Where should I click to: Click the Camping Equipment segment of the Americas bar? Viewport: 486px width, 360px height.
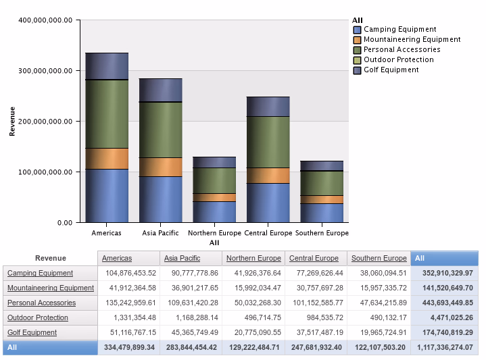[107, 195]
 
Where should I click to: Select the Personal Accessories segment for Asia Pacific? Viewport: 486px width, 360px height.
[161, 130]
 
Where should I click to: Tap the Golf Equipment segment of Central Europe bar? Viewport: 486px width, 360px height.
[268, 107]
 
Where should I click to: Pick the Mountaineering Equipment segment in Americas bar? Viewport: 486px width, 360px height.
[107, 158]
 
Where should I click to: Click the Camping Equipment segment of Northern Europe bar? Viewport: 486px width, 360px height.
[214, 211]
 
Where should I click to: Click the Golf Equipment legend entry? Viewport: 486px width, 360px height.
[391, 70]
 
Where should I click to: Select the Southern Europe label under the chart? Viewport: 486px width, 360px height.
[322, 233]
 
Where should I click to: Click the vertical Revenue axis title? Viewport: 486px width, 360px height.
[12, 121]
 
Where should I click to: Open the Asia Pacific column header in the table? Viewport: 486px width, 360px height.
[182, 258]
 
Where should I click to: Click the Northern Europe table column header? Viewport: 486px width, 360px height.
[253, 258]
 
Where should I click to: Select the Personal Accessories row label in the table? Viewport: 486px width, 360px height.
[41, 303]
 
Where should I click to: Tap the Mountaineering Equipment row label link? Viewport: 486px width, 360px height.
[51, 288]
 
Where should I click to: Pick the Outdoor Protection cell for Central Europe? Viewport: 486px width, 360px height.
[314, 317]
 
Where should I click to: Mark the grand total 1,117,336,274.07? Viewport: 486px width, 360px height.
[444, 347]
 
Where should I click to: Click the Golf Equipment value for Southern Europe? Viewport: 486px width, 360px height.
[379, 332]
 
